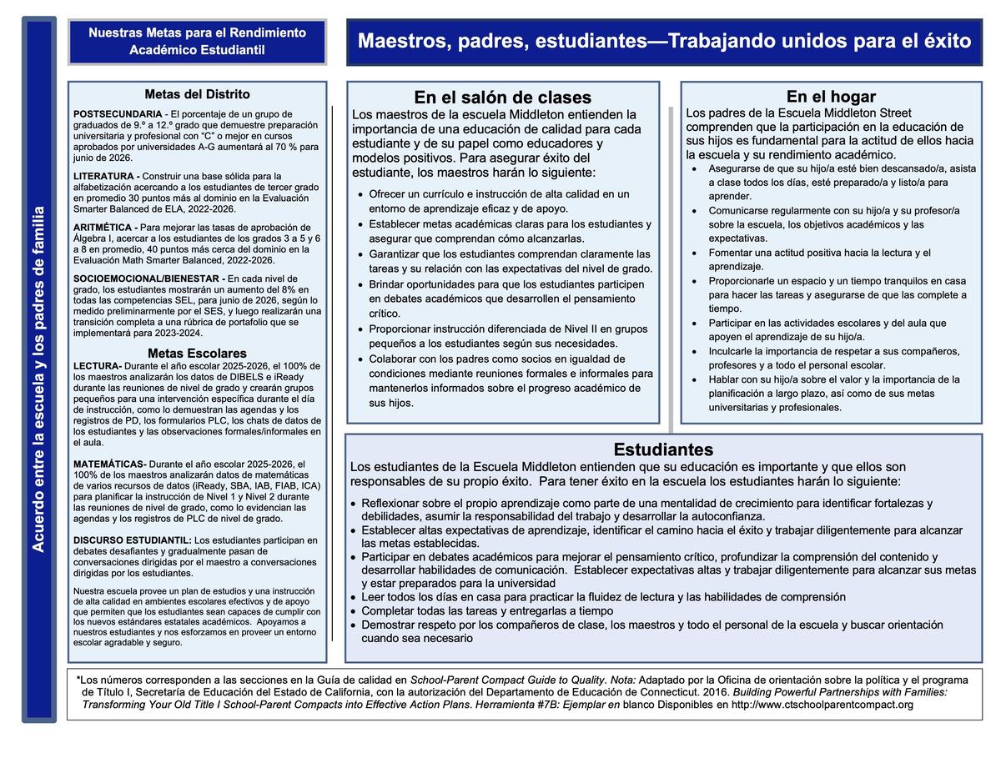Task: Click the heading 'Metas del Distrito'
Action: click(197, 95)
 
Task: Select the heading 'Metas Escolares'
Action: click(197, 354)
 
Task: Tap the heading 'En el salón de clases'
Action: click(502, 98)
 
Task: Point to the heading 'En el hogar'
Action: click(831, 97)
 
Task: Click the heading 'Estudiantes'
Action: click(663, 450)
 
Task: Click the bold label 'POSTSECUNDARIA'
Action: click(118, 114)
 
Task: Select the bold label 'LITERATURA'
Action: click(104, 176)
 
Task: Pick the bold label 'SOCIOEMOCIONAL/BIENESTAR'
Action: click(147, 279)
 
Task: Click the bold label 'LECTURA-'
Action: click(98, 366)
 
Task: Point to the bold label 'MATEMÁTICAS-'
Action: click(109, 464)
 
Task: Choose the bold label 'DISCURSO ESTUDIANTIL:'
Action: click(132, 540)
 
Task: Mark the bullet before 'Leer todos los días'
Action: click(354, 598)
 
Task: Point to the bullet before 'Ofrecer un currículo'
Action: click(360, 195)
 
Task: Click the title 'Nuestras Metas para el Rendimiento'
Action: click(197, 33)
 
